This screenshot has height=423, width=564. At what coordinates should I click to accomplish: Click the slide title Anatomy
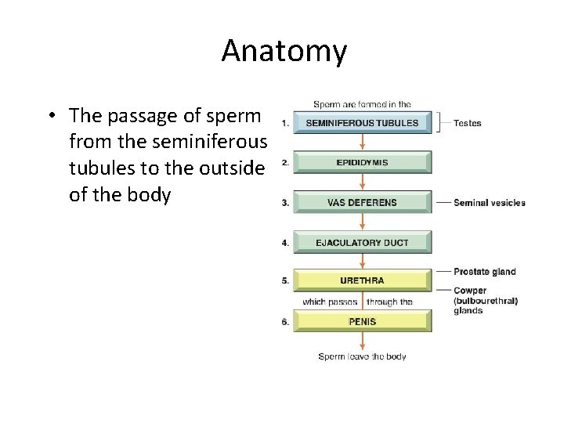point(284,51)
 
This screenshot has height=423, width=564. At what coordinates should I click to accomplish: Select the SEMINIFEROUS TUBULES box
point(361,123)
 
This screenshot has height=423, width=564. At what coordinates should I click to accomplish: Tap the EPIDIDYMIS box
point(361,163)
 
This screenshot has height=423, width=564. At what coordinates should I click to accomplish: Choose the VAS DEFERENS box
point(361,203)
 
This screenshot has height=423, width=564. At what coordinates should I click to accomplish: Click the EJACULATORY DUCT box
point(361,243)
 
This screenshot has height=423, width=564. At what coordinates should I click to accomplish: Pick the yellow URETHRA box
point(361,280)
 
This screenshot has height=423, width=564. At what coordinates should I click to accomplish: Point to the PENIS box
point(361,321)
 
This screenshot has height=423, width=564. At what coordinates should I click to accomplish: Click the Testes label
point(468,123)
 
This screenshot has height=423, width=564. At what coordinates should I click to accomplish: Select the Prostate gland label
point(485,272)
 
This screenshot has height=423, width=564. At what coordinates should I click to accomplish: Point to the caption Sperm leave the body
point(362,357)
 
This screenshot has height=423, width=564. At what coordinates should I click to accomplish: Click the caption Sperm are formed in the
point(362,105)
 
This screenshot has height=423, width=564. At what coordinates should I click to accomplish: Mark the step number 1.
point(284,123)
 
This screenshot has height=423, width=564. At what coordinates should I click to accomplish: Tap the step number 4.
point(284,243)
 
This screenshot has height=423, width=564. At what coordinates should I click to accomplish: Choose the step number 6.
point(284,321)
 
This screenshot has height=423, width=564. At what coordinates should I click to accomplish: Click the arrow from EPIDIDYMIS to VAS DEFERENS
point(362,183)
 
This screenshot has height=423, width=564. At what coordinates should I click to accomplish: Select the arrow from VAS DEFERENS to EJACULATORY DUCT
point(362,222)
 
